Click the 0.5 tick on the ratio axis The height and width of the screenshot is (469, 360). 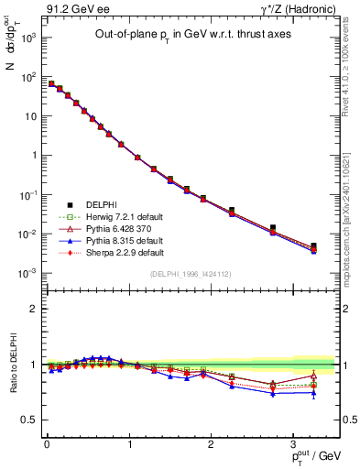coord(32,420)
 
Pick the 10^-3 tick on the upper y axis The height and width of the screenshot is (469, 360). coord(30,274)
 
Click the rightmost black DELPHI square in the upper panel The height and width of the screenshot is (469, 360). coord(313,245)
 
